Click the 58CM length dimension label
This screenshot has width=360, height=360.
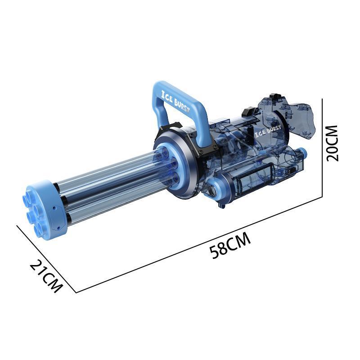pyautogui.click(x=230, y=245)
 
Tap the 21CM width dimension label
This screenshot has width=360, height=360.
pyautogui.click(x=46, y=276)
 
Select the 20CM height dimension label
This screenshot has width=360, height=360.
pyautogui.click(x=332, y=144)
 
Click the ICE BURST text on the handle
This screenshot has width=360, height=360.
pyautogui.click(x=175, y=101)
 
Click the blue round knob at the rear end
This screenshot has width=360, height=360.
pyautogui.click(x=302, y=153)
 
